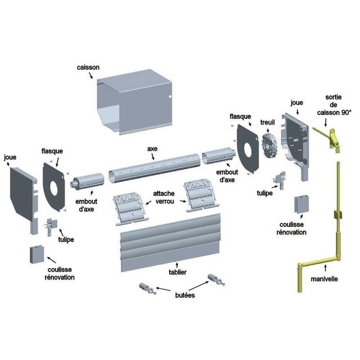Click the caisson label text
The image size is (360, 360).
(88, 67)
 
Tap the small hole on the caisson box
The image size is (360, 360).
(170, 96)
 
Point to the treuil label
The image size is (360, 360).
(268, 122)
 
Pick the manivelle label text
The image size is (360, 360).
(324, 279)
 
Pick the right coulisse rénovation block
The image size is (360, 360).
(301, 205)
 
